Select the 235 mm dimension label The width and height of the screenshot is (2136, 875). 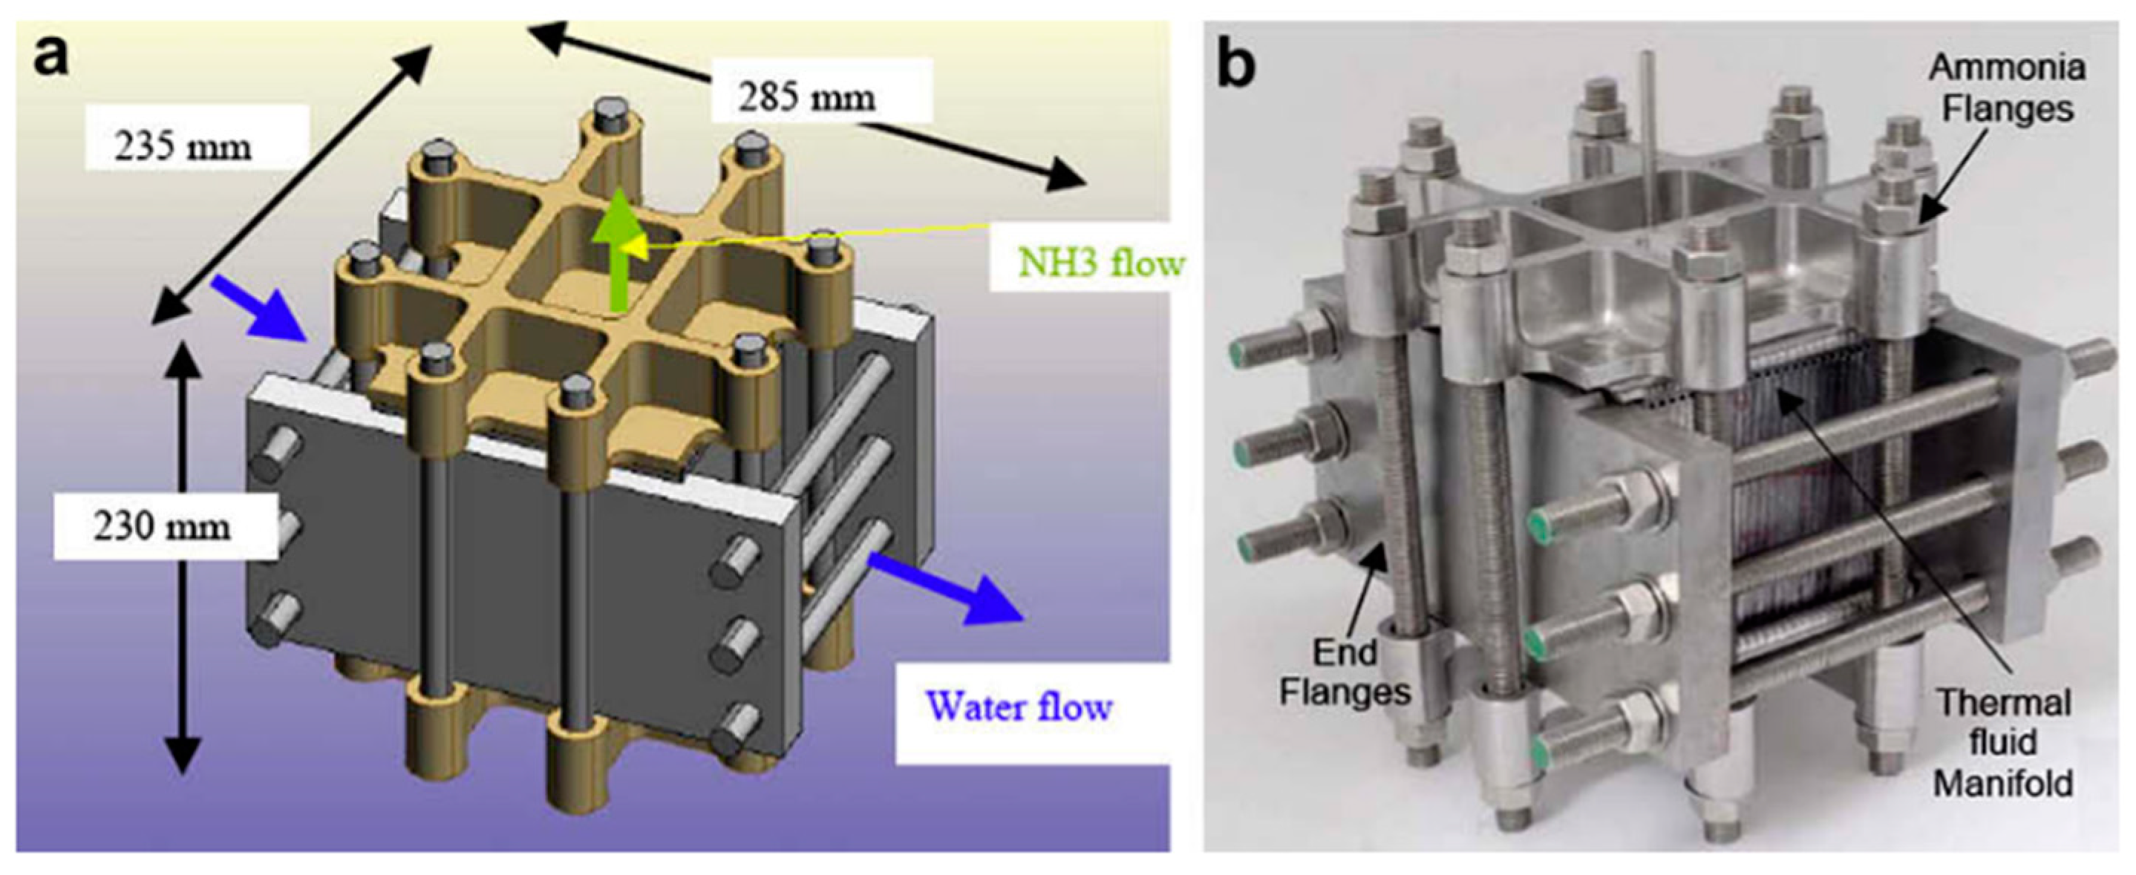click(x=183, y=148)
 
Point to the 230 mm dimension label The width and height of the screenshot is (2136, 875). click(x=162, y=528)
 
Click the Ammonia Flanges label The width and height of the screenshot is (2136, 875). click(x=2007, y=88)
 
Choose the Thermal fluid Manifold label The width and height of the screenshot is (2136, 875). click(x=2003, y=742)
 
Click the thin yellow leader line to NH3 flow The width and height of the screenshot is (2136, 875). click(x=813, y=236)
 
